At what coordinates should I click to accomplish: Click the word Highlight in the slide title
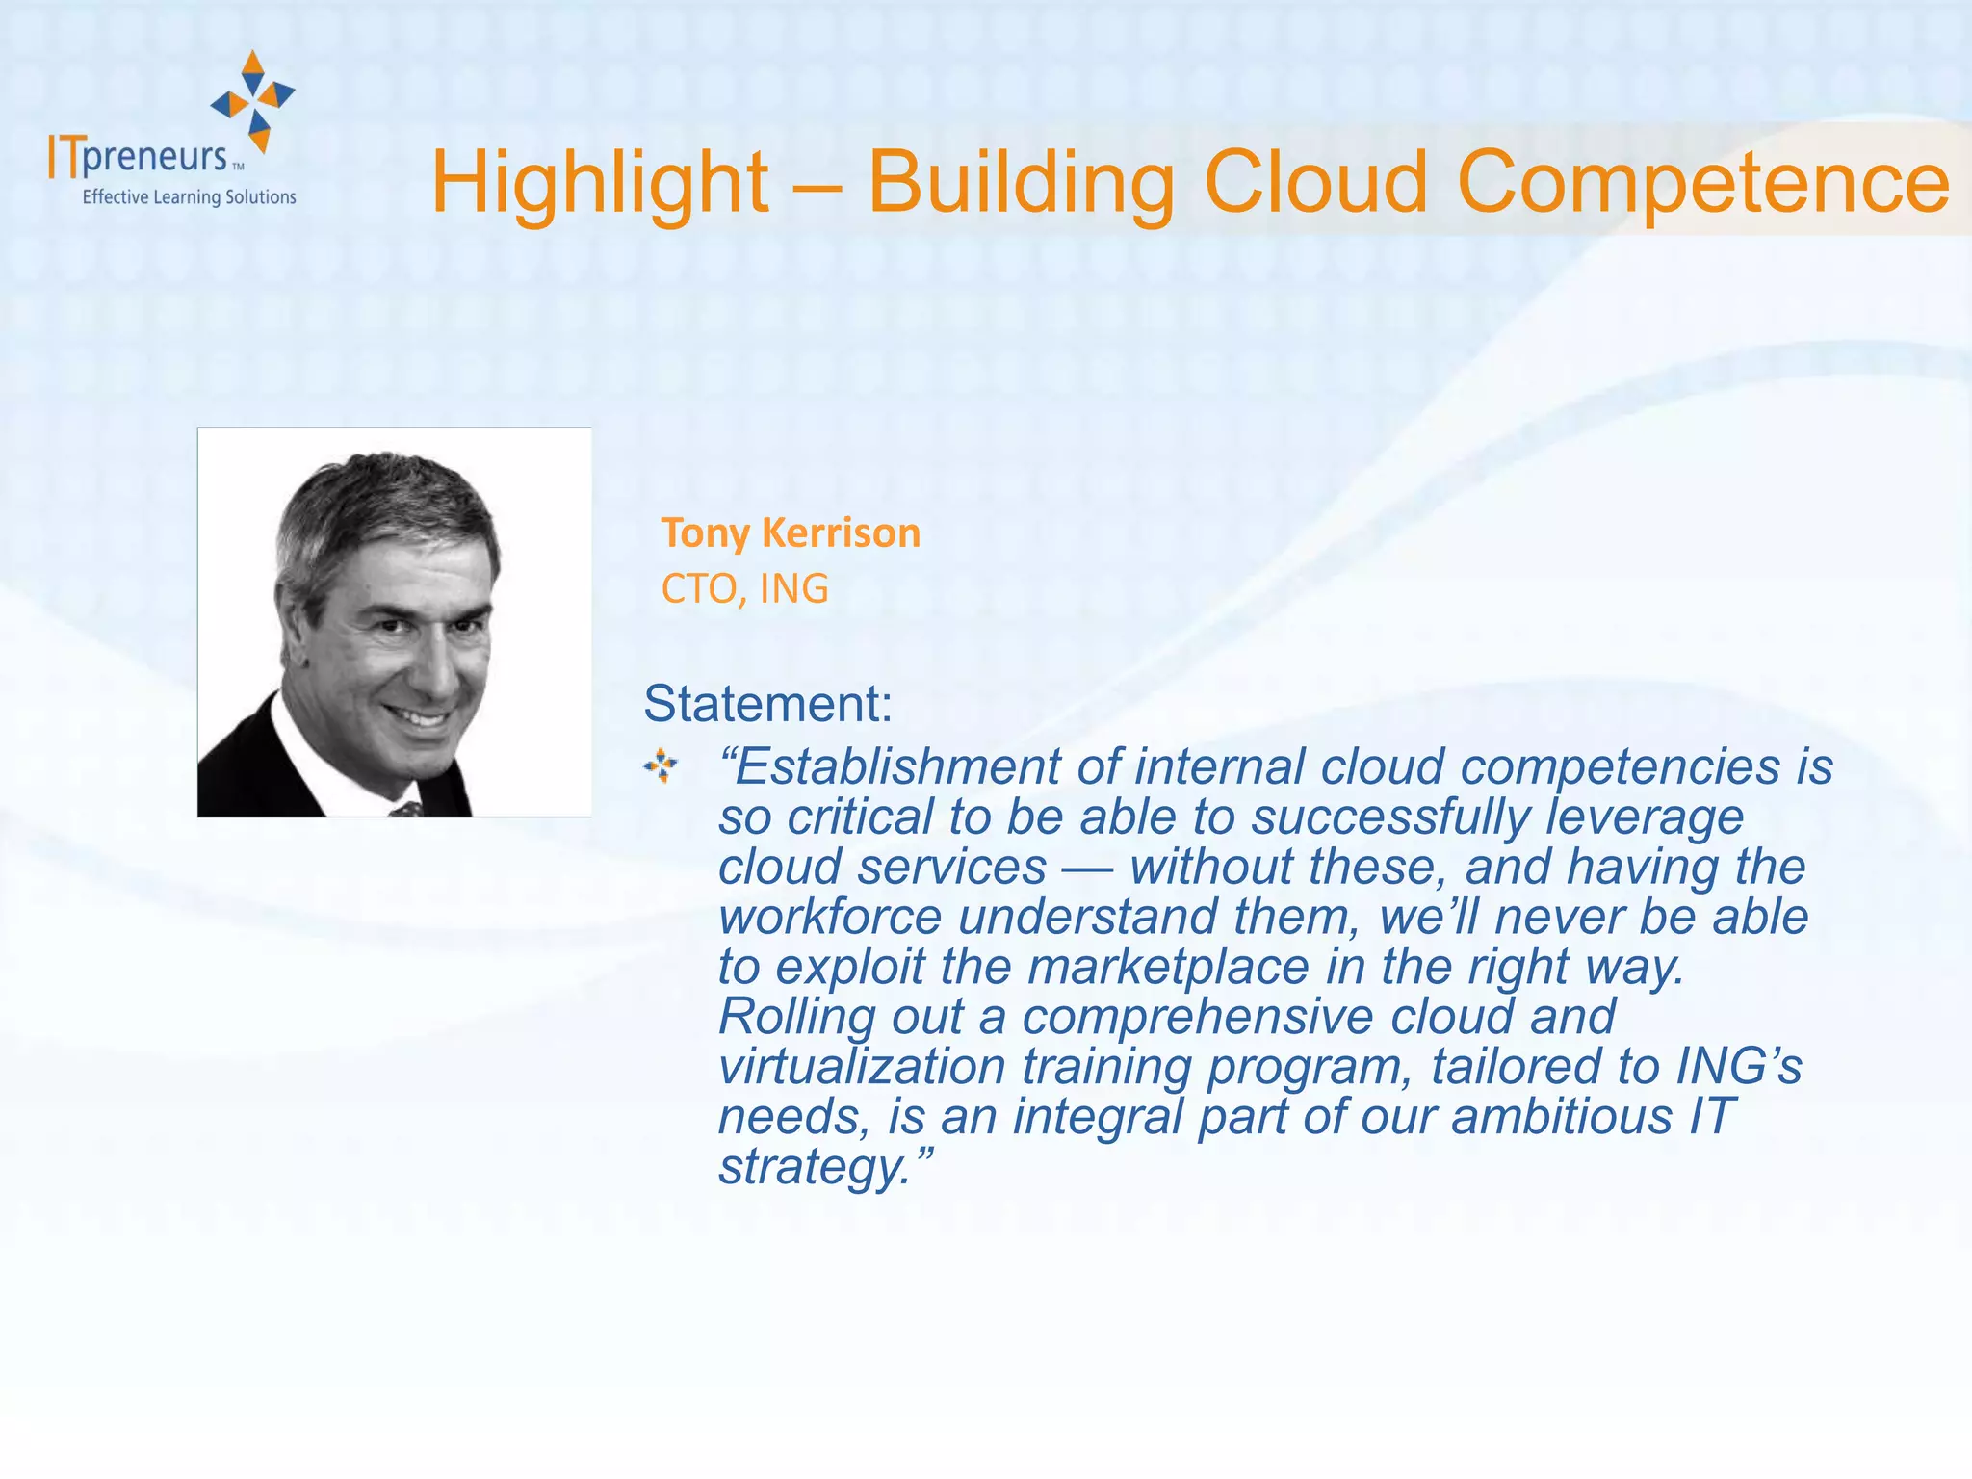tap(599, 183)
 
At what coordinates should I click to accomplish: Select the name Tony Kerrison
tap(790, 532)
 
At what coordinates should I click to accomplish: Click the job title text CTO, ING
tap(744, 588)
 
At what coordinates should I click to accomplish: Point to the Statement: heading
tap(767, 703)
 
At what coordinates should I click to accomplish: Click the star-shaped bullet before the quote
tap(661, 766)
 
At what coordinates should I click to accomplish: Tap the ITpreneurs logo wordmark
tap(140, 157)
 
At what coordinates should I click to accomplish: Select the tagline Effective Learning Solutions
tap(189, 197)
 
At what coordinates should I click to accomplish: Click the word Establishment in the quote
tap(897, 767)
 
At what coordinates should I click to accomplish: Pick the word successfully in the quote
tap(1389, 817)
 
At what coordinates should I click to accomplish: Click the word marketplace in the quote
tap(1168, 967)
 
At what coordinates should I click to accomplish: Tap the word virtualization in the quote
tap(862, 1067)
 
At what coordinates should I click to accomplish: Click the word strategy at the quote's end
tap(812, 1167)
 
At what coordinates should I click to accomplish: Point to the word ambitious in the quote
tap(1561, 1117)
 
